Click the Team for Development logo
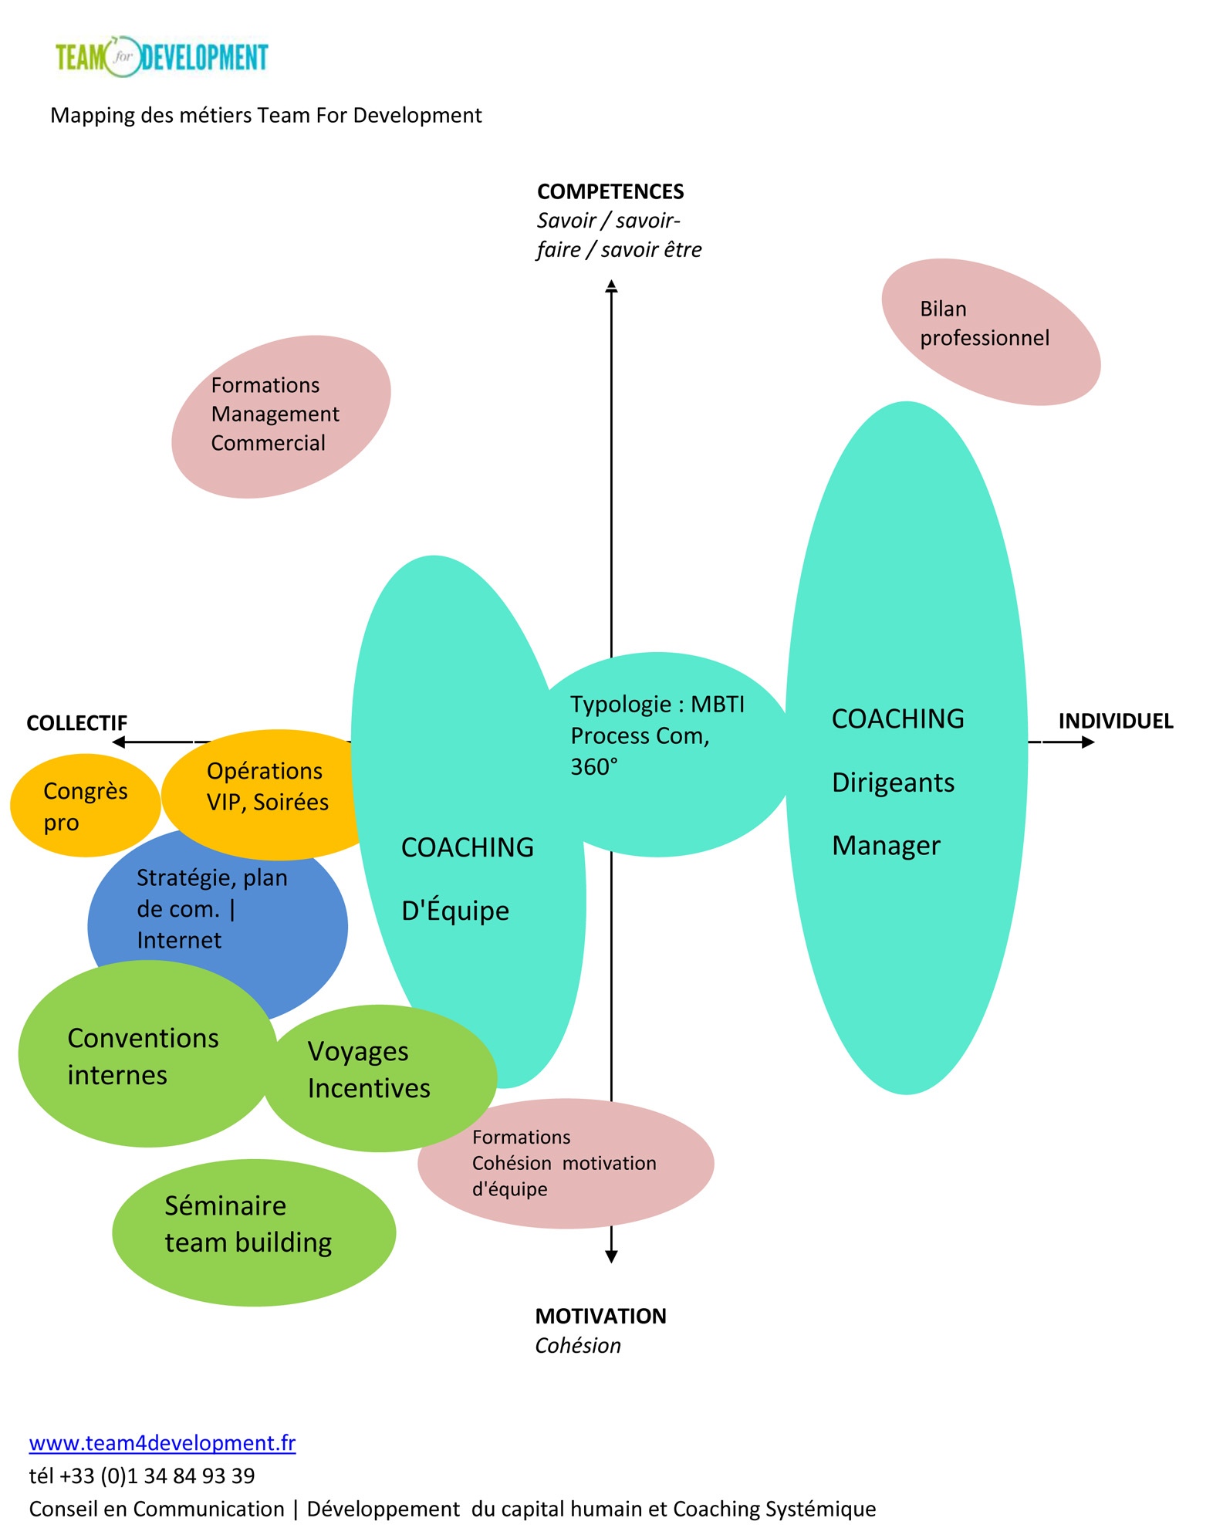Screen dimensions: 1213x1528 pos(161,56)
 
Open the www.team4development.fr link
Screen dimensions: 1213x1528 pos(162,1442)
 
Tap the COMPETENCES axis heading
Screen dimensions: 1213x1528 pos(610,191)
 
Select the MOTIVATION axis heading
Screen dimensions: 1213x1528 pos(600,1316)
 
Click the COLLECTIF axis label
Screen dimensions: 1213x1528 pos(76,723)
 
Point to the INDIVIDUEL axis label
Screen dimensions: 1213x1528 pos(1115,721)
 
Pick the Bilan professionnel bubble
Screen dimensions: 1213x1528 pos(991,331)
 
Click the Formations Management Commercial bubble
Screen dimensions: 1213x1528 pos(281,417)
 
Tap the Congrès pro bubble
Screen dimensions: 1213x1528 pos(85,805)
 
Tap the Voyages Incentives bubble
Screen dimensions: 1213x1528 pos(380,1078)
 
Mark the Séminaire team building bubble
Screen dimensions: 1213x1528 pos(254,1232)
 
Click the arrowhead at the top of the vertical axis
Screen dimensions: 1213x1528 pos(611,286)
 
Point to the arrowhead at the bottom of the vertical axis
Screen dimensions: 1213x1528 pos(611,1256)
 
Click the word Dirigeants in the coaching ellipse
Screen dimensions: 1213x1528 pos(893,783)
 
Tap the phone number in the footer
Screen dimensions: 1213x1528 pos(142,1476)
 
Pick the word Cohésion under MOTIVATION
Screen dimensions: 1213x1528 pos(578,1345)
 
